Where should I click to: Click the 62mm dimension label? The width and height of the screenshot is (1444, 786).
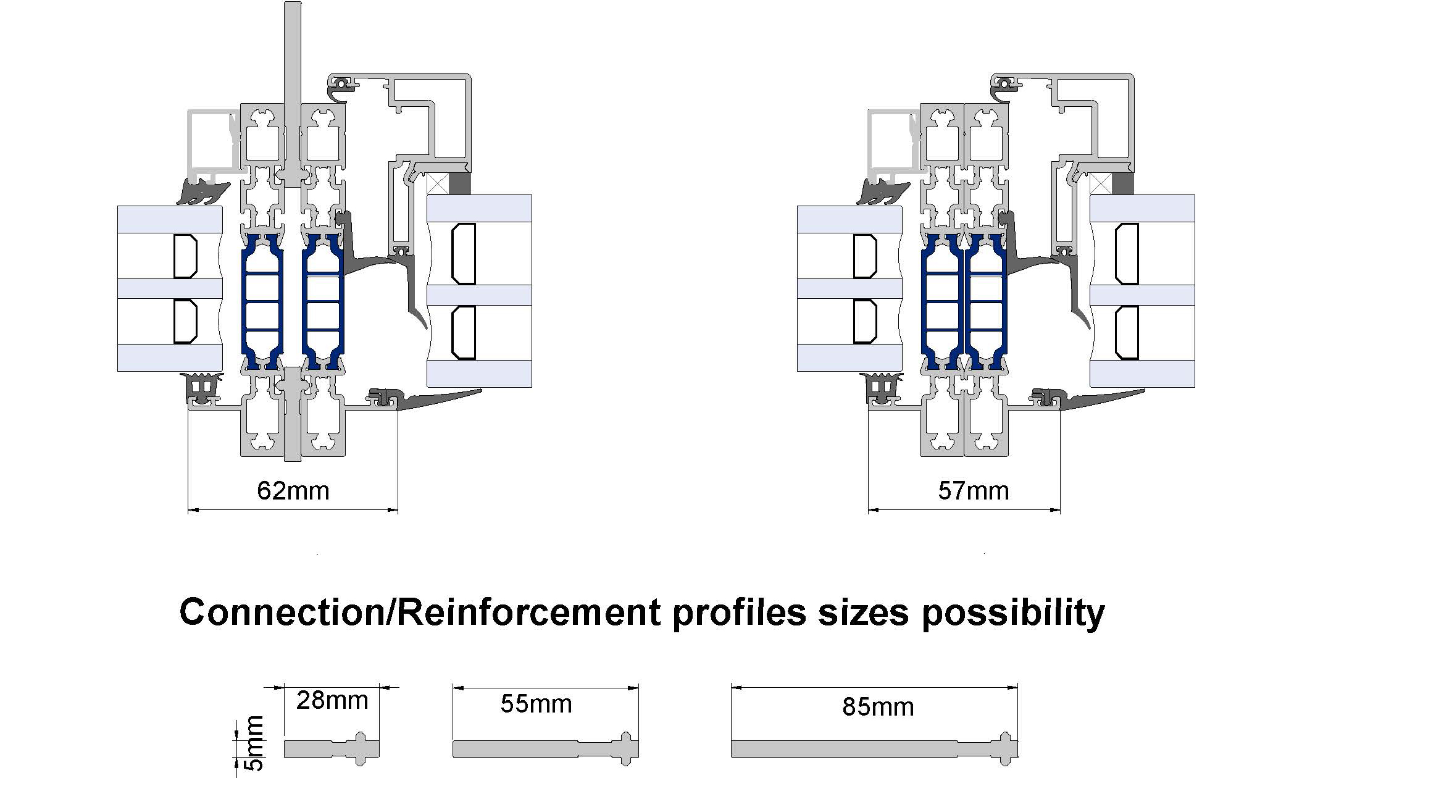(x=293, y=491)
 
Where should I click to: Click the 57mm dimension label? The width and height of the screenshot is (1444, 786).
(x=973, y=491)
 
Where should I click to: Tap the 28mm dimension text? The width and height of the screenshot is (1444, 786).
(x=332, y=700)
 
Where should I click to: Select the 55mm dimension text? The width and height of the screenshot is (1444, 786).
(x=536, y=704)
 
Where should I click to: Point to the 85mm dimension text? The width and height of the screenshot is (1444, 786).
(x=877, y=707)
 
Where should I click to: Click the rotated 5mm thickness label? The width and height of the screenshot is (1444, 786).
(x=254, y=743)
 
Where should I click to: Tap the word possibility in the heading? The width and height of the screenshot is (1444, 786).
(x=1012, y=613)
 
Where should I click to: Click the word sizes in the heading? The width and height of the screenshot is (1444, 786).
(x=863, y=613)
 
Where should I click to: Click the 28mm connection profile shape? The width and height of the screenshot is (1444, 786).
(x=332, y=749)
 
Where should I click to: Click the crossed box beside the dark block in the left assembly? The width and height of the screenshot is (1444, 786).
(x=438, y=183)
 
